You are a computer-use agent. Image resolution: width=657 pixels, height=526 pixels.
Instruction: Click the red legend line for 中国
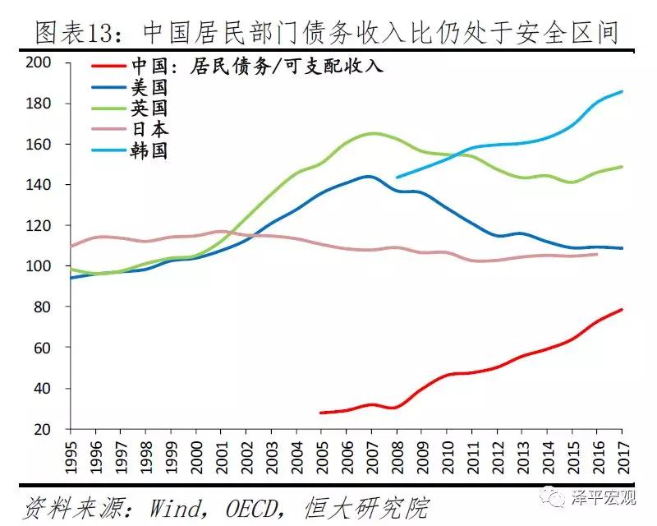[107, 67]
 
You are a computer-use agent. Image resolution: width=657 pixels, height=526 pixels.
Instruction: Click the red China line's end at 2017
[622, 309]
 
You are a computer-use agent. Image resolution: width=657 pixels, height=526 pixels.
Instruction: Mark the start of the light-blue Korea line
[397, 177]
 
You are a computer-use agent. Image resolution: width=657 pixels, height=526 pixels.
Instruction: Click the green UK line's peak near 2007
[373, 133]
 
